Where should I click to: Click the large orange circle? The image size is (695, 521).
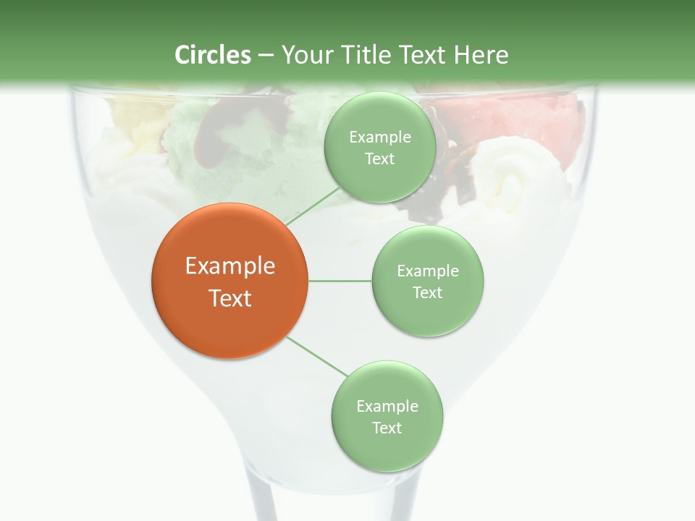pos(230,281)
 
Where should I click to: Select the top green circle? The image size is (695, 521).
pos(379,147)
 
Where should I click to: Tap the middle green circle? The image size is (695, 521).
pos(427,281)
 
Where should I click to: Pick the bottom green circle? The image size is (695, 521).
pos(387,416)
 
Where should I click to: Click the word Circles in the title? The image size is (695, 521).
pos(213,55)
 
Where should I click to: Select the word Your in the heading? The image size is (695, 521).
pos(305,55)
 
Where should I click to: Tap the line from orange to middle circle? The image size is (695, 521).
pos(340,281)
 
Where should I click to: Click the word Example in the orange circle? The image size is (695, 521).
pos(230,266)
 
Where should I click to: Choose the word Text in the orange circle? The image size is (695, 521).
pos(230,297)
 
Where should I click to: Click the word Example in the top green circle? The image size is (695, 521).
pos(379,137)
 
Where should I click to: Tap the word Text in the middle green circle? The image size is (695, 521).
pos(427,292)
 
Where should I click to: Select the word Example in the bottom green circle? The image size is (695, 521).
pos(387,406)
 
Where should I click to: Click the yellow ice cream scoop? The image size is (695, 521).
pos(138,119)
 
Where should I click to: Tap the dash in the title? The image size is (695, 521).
pos(266,56)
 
